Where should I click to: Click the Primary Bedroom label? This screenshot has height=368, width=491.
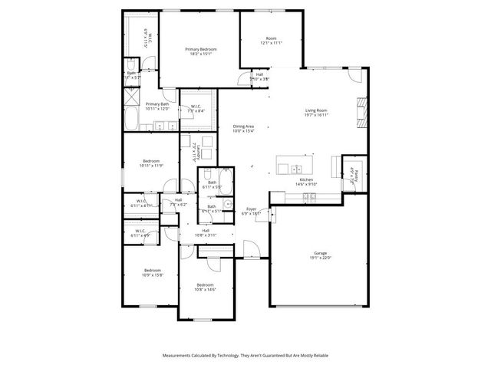(201, 51)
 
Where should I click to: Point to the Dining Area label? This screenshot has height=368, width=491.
(243, 128)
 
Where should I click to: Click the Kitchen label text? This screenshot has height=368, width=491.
(306, 182)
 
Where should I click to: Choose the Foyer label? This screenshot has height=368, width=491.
(251, 210)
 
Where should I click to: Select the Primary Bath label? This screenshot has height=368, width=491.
(158, 106)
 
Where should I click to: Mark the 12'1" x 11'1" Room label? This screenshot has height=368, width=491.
(271, 41)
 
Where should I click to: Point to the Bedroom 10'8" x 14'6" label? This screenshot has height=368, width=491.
(205, 287)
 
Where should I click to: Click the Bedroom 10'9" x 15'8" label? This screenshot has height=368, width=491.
(152, 272)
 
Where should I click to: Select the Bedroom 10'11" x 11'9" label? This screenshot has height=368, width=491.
(151, 163)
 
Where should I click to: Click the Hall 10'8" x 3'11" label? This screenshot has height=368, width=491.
(206, 232)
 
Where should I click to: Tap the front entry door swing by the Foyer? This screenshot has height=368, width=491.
(249, 247)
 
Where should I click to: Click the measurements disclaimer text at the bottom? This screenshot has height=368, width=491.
(245, 356)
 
